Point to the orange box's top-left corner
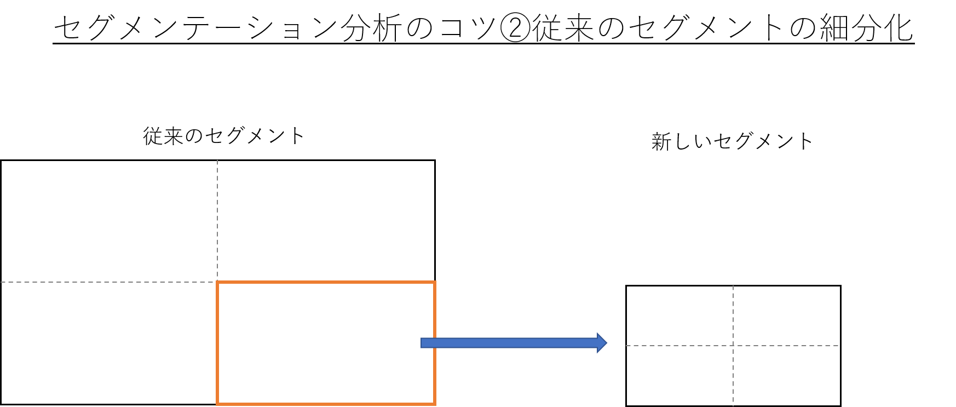pyautogui.click(x=217, y=282)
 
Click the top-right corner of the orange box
pyautogui.click(x=435, y=282)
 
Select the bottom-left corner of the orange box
pyautogui.click(x=217, y=404)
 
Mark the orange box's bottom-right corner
pyautogui.click(x=435, y=404)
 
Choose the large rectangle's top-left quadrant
pyautogui.click(x=110, y=221)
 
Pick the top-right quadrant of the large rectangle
pyautogui.click(x=326, y=221)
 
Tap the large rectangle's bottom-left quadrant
pyautogui.click(x=110, y=343)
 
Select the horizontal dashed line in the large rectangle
pyautogui.click(x=110, y=282)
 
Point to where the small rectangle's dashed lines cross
pyautogui.click(x=733, y=346)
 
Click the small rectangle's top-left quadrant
pyautogui.click(x=680, y=316)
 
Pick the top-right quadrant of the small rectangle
pyautogui.click(x=786, y=316)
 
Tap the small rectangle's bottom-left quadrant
pyautogui.click(x=680, y=375)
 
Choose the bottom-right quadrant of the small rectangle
pyautogui.click(x=786, y=375)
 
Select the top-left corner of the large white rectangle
pyautogui.click(x=2, y=162)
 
